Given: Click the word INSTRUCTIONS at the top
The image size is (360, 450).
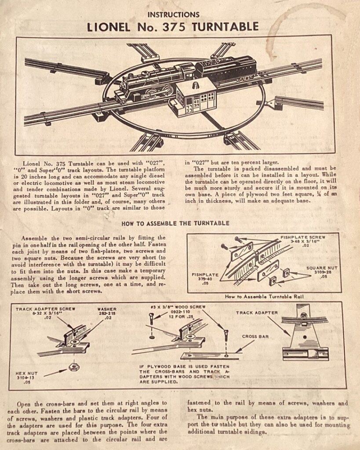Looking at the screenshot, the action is tap(173, 15).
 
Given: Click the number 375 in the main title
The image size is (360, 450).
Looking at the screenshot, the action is tap(174, 27).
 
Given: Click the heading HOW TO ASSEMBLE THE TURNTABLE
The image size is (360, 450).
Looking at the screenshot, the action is tap(175, 223).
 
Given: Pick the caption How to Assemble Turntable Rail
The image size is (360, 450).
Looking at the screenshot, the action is tap(264, 297).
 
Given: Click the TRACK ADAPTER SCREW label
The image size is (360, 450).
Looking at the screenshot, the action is tap(45, 313).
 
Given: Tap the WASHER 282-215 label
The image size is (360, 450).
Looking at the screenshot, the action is tap(107, 313).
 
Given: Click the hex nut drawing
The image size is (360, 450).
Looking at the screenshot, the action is tap(74, 367).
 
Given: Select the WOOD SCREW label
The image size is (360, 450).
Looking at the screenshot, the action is tap(178, 312).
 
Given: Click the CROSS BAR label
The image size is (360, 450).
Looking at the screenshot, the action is tap(255, 336).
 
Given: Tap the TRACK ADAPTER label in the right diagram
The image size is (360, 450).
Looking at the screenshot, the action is tap(257, 312).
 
